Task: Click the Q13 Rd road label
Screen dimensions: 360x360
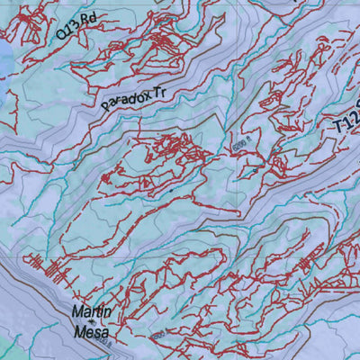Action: coord(75,24)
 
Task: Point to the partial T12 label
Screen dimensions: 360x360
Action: coord(346,120)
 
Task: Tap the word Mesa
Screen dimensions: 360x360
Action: coord(92,331)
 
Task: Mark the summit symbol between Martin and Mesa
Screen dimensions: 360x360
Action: coord(91,321)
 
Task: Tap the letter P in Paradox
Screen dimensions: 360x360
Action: coord(104,106)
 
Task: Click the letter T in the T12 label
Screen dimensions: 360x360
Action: coord(338,129)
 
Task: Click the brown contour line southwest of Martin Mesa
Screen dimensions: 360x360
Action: coord(36,297)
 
